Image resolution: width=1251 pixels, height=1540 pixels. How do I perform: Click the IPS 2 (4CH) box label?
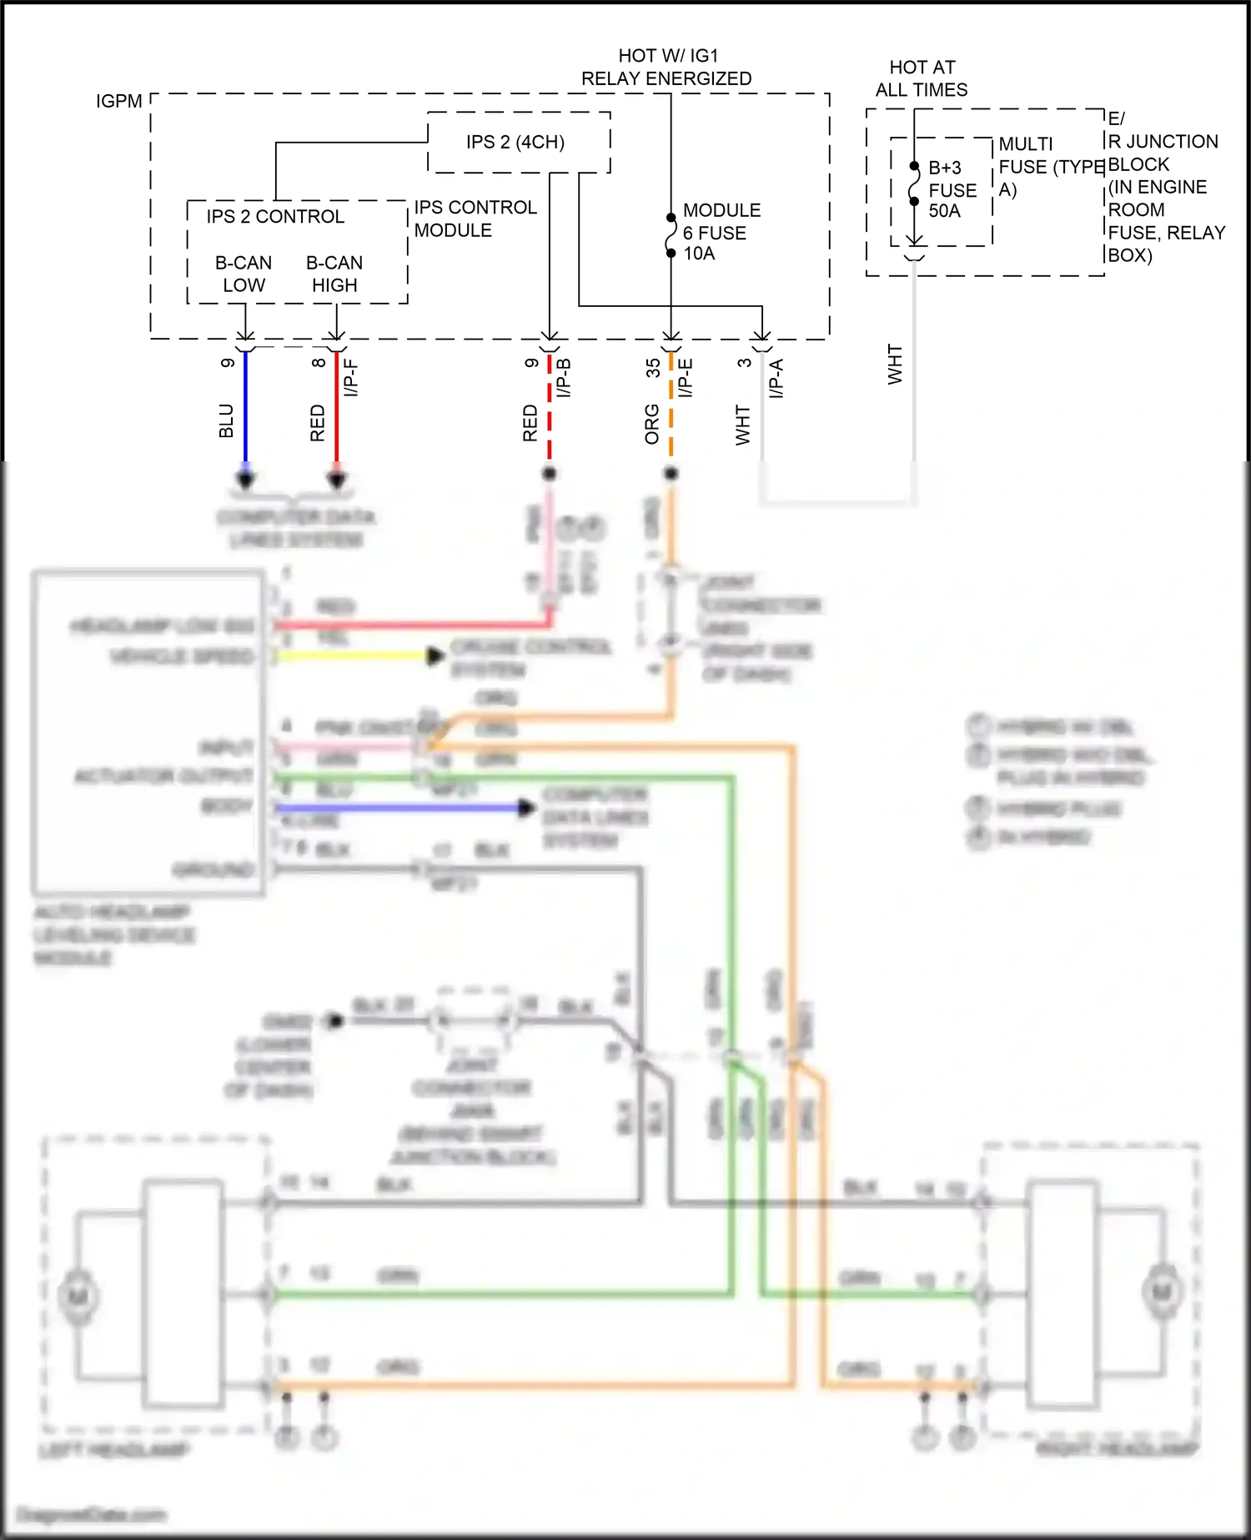click(x=515, y=143)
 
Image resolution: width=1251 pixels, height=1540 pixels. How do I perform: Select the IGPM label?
click(x=118, y=102)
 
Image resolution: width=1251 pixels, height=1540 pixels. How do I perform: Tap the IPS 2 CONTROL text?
click(x=275, y=217)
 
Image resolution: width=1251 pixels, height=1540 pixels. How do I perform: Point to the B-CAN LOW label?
click(x=244, y=274)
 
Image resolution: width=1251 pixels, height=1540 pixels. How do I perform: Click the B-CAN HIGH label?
click(x=334, y=274)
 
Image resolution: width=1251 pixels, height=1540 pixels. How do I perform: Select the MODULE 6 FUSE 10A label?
click(x=721, y=232)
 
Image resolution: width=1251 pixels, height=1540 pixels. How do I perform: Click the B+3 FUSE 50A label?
click(x=952, y=189)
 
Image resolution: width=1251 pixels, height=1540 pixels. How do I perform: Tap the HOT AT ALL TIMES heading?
click(x=922, y=78)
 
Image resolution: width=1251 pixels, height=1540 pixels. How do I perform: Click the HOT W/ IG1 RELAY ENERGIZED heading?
click(x=666, y=68)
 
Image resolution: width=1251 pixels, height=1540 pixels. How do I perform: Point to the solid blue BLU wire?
click(x=245, y=409)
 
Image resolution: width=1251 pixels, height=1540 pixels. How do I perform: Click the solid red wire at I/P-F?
click(x=337, y=409)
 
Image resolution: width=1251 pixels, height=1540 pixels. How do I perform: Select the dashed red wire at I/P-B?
click(x=550, y=409)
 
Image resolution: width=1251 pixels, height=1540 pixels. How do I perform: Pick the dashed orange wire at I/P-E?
click(x=671, y=409)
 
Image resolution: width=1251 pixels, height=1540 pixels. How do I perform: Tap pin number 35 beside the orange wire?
click(x=653, y=368)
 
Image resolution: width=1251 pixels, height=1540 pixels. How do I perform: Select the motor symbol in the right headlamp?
click(x=1161, y=1292)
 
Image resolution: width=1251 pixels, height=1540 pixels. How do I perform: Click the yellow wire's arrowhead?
click(x=435, y=657)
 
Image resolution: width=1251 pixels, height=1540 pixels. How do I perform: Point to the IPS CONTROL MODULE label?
click(x=475, y=219)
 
